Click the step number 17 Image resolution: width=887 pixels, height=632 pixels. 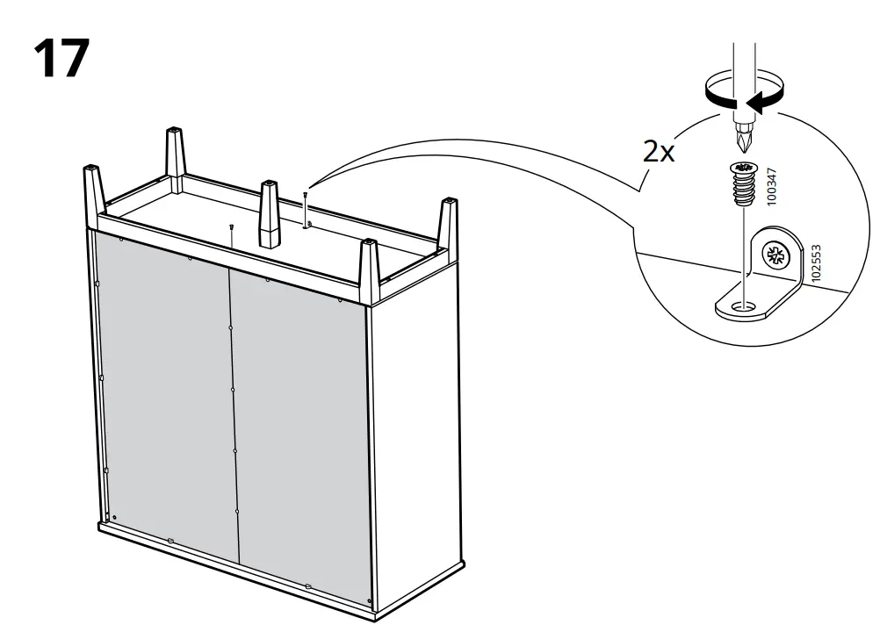pos(61,58)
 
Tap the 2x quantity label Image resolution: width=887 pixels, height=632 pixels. pos(659,151)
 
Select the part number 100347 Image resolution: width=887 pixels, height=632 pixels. pos(772,186)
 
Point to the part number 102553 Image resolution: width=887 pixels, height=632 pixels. pos(816,262)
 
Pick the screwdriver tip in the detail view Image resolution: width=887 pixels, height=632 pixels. pos(743,140)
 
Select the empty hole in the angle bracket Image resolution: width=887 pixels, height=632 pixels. pos(743,307)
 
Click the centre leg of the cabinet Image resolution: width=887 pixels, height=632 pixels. pos(270,215)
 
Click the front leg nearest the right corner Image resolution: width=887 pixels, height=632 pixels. pos(370,270)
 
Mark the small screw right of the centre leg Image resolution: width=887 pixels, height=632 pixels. pos(306,208)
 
